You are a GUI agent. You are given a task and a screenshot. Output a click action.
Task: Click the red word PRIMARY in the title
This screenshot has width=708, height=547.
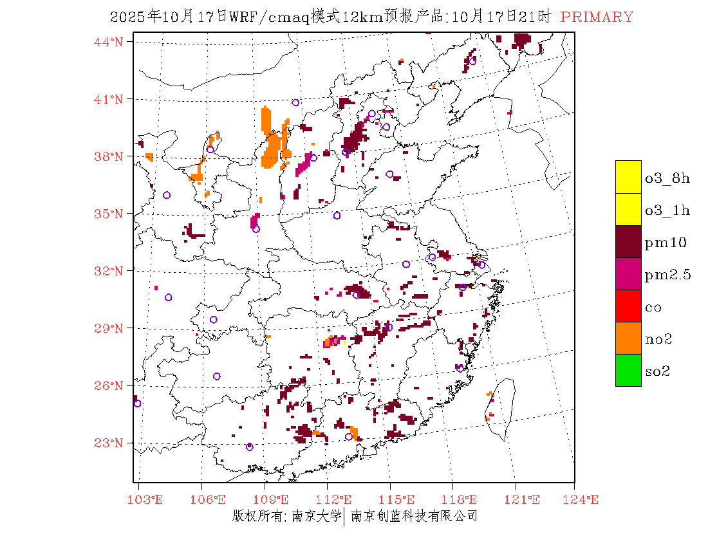point(597,17)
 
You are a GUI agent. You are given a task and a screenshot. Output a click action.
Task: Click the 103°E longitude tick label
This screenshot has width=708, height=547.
point(145,499)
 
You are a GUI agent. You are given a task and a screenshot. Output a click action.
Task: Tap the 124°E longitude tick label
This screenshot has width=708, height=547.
point(584,499)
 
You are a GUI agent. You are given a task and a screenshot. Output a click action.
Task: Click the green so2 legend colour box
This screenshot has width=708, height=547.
point(628,370)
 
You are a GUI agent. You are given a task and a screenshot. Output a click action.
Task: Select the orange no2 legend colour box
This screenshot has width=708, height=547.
point(628,338)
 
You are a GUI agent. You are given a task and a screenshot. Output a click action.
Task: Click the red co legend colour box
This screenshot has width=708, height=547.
point(628,306)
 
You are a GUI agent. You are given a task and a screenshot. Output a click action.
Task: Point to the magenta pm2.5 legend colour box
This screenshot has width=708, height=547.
point(628,273)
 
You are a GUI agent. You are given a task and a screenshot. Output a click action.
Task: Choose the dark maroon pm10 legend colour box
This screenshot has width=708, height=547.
point(628,241)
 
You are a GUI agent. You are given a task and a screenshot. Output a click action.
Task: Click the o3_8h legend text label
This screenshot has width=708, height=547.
point(667,178)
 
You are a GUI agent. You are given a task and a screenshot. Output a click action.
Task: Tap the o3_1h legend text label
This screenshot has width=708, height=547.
point(667,210)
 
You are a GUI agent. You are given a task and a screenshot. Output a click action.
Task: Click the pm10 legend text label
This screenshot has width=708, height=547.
point(666,243)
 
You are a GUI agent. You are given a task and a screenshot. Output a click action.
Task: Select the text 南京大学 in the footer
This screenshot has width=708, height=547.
point(315,515)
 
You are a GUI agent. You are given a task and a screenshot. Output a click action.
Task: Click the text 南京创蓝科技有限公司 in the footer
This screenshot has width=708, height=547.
point(414,515)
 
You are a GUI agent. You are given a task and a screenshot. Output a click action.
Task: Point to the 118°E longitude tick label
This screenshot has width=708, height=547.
point(463,499)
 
